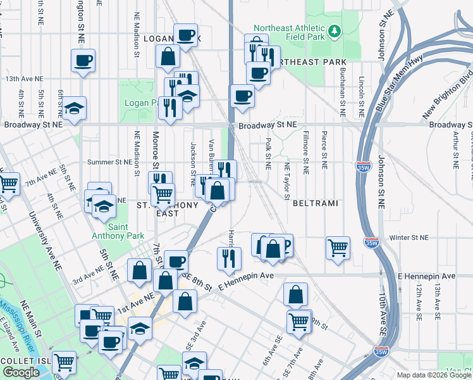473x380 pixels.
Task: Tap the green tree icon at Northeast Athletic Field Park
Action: point(335,30)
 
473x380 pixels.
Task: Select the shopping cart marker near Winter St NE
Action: point(338,248)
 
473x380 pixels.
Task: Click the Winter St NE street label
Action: point(409,238)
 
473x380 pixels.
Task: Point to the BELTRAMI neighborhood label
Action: point(316,204)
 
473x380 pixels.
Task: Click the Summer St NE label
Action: point(109,162)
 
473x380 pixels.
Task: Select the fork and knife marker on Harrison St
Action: point(229,258)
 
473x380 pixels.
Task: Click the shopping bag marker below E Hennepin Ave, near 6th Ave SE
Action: point(295,294)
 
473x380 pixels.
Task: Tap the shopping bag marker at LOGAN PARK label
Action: point(168,56)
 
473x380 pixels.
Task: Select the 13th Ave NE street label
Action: point(24,79)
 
